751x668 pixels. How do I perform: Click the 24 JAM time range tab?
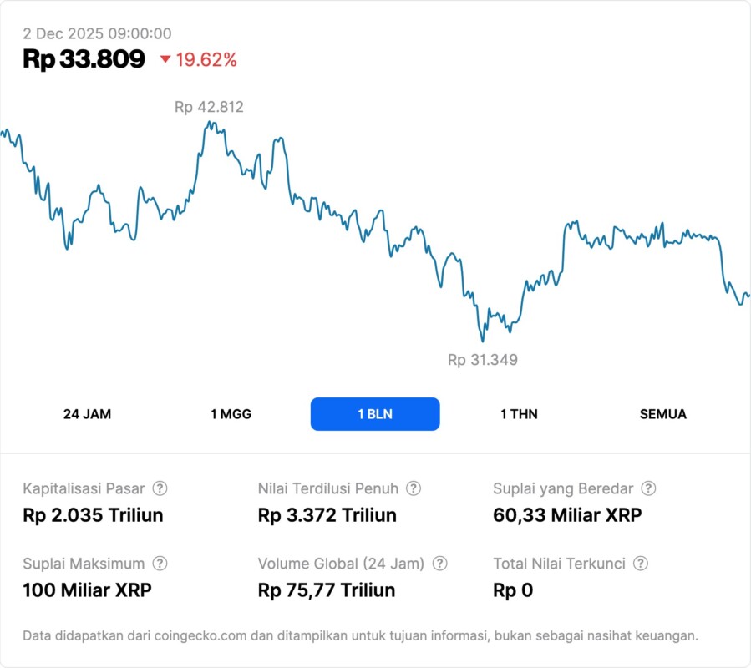[x=87, y=414]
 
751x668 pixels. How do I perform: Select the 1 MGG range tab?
[x=231, y=414]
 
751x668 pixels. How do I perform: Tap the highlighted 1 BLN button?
[x=375, y=414]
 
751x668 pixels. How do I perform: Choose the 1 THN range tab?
[x=519, y=414]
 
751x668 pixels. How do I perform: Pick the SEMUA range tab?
[x=663, y=414]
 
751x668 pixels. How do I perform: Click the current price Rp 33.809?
[x=84, y=59]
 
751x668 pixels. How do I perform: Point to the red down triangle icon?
[x=165, y=59]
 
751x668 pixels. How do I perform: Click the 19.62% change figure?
[x=206, y=59]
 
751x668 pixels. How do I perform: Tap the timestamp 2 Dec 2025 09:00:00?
[x=97, y=33]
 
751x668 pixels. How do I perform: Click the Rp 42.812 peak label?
[x=209, y=107]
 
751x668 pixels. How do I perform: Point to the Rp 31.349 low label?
[x=483, y=360]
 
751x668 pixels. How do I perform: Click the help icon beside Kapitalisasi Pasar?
[x=160, y=488]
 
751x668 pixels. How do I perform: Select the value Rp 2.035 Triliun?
[x=93, y=515]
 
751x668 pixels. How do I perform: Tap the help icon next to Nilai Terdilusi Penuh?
[x=414, y=488]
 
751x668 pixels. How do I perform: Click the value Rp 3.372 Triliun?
[x=327, y=515]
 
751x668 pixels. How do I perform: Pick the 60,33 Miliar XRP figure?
[x=567, y=515]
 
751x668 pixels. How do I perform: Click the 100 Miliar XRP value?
[x=87, y=590]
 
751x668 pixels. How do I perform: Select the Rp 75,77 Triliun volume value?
[x=327, y=590]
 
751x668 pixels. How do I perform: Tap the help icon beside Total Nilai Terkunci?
[x=641, y=564]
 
